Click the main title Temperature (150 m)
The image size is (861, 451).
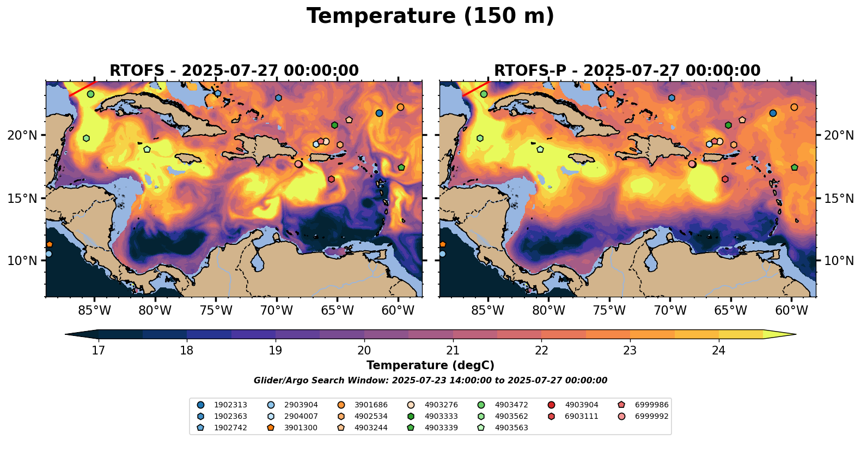tap(430, 16)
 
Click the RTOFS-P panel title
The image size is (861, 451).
tap(627, 71)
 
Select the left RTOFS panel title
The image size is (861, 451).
tap(234, 71)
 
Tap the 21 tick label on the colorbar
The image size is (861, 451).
tap(453, 350)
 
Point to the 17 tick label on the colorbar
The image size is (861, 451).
tap(98, 350)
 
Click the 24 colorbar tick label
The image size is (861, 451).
tap(718, 350)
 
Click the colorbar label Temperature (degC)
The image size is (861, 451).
tap(430, 365)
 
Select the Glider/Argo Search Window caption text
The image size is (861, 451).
tap(430, 381)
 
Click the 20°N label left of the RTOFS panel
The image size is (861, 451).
tap(22, 135)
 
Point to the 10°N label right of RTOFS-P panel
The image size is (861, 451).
tap(839, 261)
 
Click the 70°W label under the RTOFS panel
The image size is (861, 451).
tap(276, 311)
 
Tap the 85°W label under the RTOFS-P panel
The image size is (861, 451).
tap(487, 311)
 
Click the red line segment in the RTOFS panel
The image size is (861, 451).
tap(82, 89)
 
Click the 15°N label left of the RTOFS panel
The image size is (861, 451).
tap(22, 198)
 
